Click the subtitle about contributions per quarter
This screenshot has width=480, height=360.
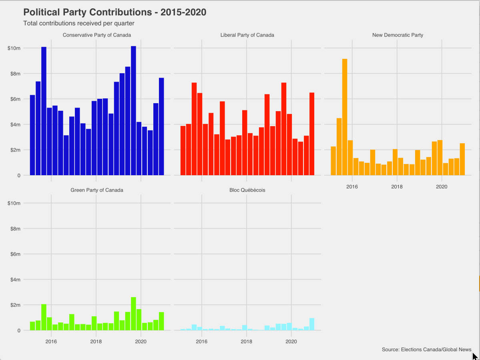(79, 23)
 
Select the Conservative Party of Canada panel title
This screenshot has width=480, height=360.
(97, 35)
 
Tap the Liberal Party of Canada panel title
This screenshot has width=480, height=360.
(247, 35)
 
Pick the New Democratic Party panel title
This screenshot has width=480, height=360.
(398, 35)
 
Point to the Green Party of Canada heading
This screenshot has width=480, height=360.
(97, 190)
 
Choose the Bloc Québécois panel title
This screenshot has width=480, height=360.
(247, 190)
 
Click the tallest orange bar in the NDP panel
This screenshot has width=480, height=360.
(345, 117)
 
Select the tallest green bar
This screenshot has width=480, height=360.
(133, 314)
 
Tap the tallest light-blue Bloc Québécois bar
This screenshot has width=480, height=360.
(312, 324)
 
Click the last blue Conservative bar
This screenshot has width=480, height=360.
(161, 127)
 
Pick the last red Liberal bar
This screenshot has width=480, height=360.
(312, 134)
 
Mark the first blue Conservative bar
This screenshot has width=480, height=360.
(32, 135)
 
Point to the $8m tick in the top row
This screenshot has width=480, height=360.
(14, 74)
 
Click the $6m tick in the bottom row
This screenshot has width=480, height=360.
(14, 254)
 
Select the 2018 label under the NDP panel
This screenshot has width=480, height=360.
(397, 186)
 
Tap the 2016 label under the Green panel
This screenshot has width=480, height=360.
(51, 341)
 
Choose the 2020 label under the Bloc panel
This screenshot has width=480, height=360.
(291, 341)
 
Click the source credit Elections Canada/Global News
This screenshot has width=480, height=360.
(427, 350)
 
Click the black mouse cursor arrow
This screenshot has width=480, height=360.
(475, 357)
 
